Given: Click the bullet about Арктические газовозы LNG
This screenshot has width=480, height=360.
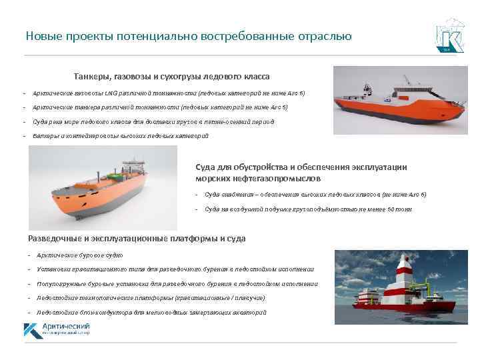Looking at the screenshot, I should pyautogui.click(x=169, y=93).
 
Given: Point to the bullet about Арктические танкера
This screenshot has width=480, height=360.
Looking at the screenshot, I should pyautogui.click(x=161, y=107).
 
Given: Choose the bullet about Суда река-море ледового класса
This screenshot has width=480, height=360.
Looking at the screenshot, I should pyautogui.click(x=153, y=122).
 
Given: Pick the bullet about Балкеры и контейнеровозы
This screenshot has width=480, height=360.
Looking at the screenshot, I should pyautogui.click(x=121, y=136).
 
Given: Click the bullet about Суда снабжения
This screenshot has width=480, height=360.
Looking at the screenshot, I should pyautogui.click(x=315, y=194).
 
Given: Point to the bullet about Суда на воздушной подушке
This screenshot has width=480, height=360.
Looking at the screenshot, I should pyautogui.click(x=308, y=209).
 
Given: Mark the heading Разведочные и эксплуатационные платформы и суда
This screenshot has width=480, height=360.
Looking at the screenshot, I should pyautogui.click(x=137, y=238).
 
